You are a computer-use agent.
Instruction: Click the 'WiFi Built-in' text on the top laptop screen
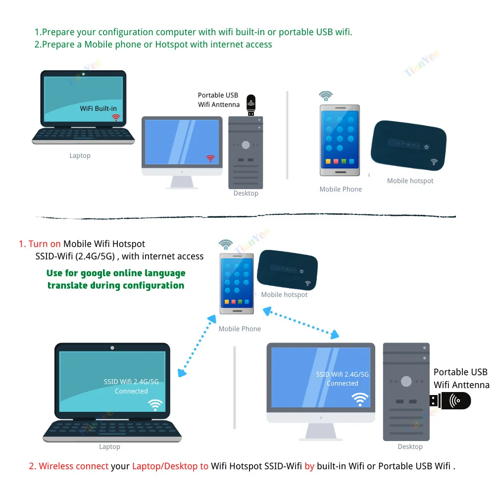[98, 108]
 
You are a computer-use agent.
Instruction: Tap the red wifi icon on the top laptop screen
[116, 118]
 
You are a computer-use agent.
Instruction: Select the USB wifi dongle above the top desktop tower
[251, 105]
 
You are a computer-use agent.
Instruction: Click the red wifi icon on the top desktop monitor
[211, 158]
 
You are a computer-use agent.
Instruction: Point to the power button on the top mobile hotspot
[426, 147]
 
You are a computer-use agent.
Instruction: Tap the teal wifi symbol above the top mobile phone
[326, 96]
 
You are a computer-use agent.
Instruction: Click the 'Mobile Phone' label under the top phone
[341, 189]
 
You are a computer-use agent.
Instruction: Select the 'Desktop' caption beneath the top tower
[246, 193]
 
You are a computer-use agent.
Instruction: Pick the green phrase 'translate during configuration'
[116, 285]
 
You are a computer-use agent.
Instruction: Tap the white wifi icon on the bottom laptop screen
[155, 405]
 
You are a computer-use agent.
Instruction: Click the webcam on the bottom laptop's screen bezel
[112, 347]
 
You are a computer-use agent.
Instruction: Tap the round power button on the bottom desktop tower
[406, 382]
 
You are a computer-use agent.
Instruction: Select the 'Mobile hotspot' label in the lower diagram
[284, 295]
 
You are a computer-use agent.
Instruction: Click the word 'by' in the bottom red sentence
[309, 466]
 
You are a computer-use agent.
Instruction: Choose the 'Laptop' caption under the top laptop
[80, 155]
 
